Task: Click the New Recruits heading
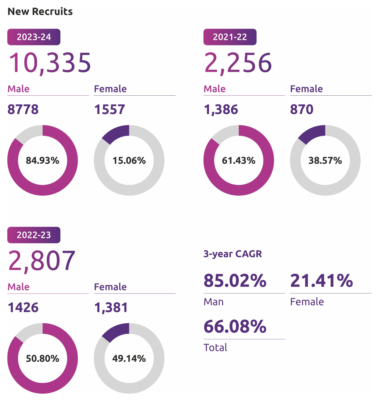coord(40,11)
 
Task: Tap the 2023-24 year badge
coord(34,37)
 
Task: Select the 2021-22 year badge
coord(230,37)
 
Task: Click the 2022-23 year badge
coord(34,235)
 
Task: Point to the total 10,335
coord(50,63)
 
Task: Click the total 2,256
coord(238,63)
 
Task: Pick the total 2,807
coord(42,260)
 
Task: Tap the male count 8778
coord(23,110)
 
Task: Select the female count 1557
coord(110,110)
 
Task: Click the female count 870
coord(302,110)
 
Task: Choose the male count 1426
coord(23,308)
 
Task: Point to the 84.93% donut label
coord(43,160)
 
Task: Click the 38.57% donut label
coord(325,160)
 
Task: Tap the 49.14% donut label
coord(129,358)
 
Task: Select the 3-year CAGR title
coord(233,254)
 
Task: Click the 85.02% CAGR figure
coord(235,281)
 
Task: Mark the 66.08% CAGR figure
coord(235,326)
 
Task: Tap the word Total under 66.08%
coord(215,348)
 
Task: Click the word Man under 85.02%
coord(214,302)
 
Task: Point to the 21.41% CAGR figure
coord(322,281)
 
